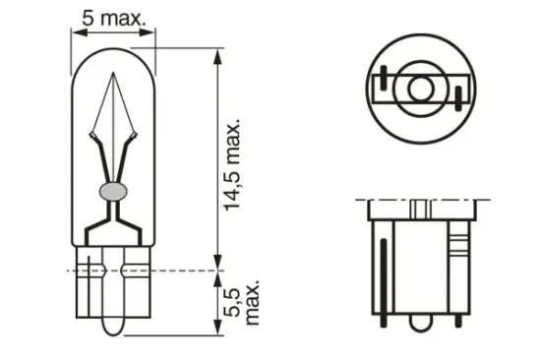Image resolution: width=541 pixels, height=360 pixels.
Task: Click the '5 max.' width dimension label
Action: (x=114, y=16)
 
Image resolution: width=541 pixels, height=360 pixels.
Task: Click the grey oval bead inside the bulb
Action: (x=113, y=189)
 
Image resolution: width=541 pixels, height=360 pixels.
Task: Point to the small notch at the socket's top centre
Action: (x=420, y=210)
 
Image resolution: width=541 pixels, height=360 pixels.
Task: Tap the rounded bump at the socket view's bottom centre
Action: (x=420, y=326)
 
